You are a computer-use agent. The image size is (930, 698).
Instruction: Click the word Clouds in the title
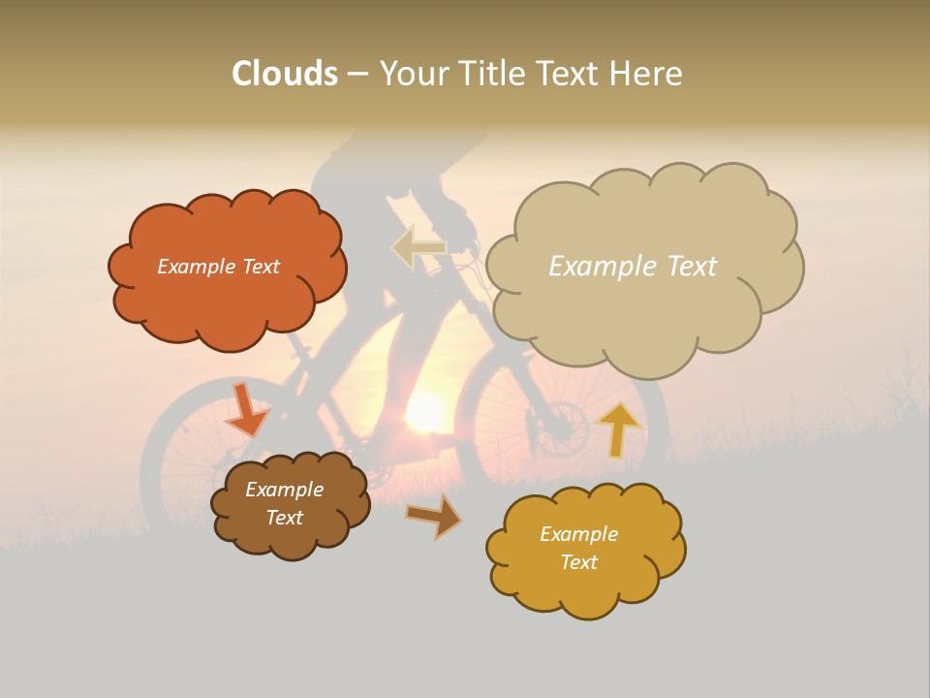[x=285, y=74]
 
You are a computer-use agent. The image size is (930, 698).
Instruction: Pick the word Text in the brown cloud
[x=285, y=518]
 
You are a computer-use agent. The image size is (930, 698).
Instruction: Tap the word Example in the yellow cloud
[x=578, y=534]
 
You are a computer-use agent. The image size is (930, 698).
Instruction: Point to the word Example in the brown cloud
[x=285, y=490]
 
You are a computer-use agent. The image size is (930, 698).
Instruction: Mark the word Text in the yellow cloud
[x=578, y=562]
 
